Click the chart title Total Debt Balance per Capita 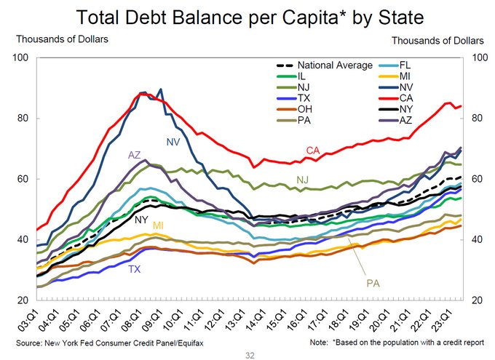(x=247, y=16)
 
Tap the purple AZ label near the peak (x=134, y=155)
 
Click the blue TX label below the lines (x=135, y=269)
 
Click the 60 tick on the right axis (x=478, y=179)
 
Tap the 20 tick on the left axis (x=22, y=300)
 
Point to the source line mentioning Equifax (x=94, y=341)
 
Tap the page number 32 (x=248, y=354)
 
